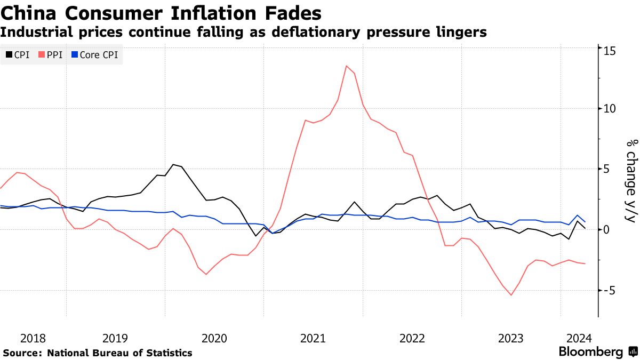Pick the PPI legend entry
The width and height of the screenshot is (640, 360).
51,54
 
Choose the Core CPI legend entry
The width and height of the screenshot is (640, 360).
94,54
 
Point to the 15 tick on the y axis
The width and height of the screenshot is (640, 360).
610,51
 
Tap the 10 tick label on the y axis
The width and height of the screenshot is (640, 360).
610,108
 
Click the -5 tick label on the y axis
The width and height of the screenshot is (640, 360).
610,291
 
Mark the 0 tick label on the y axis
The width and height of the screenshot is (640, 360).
606,229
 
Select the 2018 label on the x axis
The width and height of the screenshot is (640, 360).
33,338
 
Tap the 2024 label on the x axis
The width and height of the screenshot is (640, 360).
578,338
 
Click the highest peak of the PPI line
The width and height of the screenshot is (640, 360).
347,66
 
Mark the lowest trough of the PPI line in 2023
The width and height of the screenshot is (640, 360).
511,295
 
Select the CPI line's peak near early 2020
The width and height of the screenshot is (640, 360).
173,164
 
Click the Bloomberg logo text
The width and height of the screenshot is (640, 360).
590,352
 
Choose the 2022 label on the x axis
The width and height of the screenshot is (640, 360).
412,338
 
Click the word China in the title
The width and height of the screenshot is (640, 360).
26,12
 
